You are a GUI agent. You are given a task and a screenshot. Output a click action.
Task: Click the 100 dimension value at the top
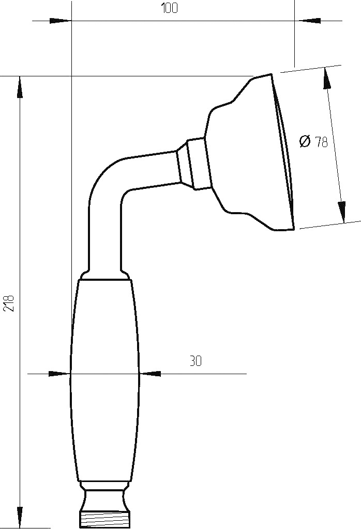tap(169, 8)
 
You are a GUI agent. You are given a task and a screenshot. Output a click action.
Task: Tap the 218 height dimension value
tap(10, 303)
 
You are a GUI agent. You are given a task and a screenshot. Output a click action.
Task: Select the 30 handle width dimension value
tap(195, 361)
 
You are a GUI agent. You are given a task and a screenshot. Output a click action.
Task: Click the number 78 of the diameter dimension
tap(321, 142)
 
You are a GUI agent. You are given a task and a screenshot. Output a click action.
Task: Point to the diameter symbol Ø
tap(305, 141)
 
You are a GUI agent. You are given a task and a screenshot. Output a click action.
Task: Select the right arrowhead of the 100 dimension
tap(305, 21)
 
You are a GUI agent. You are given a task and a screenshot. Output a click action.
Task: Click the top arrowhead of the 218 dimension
tap(20, 88)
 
